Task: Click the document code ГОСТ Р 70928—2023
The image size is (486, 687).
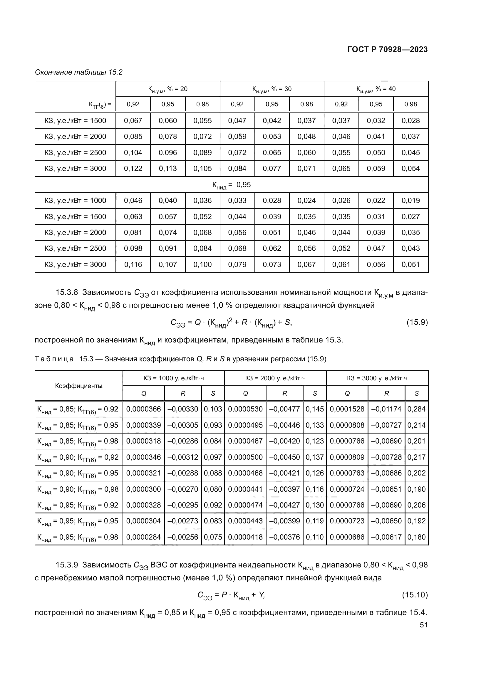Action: point(387,49)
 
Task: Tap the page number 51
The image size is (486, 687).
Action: point(423,625)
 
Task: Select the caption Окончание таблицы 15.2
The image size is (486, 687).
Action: point(79,72)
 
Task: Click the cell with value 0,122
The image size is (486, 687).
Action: point(133,169)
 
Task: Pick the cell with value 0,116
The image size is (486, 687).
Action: point(133,265)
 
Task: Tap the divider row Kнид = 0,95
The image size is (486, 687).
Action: point(231,185)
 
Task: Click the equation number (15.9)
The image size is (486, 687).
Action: point(417,322)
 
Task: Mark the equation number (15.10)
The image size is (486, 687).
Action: point(415,594)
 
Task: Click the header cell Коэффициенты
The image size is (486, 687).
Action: point(79,386)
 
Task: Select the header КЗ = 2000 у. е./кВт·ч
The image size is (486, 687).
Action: point(275,378)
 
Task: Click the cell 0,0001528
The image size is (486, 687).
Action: point(347,409)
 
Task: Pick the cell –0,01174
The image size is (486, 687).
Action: point(386,409)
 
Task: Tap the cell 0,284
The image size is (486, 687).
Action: point(416,409)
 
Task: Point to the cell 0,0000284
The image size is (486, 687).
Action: point(143,537)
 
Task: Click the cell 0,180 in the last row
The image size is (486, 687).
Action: point(416,537)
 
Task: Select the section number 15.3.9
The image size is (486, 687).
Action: point(67,565)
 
